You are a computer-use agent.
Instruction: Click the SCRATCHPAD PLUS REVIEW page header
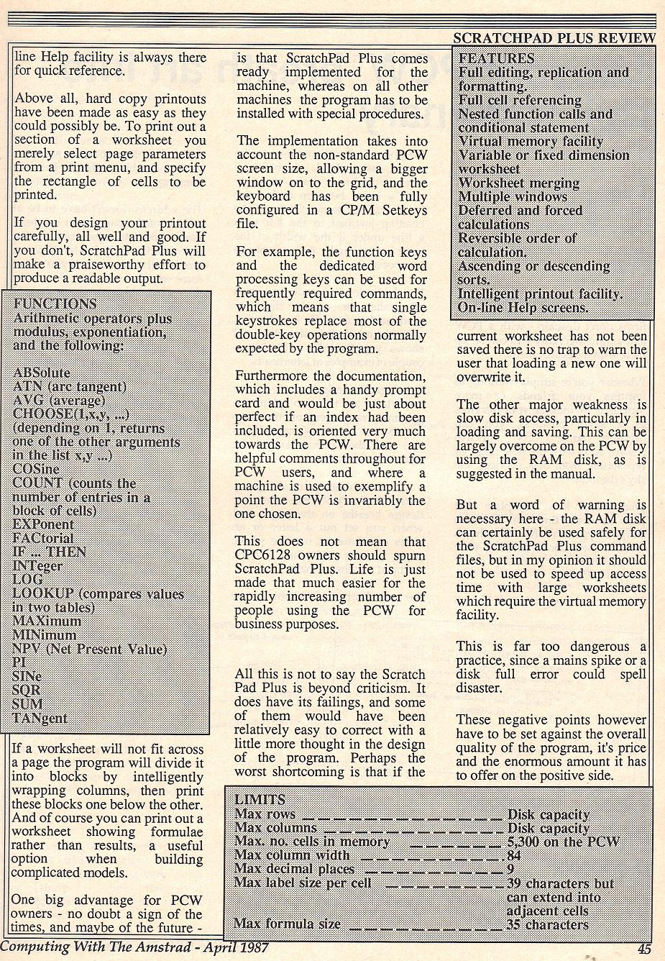click(x=555, y=38)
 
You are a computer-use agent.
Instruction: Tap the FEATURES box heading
click(x=496, y=58)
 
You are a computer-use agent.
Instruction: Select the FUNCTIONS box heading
click(x=55, y=304)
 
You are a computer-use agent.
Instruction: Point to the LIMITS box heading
click(x=260, y=799)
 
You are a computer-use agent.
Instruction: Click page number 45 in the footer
click(x=643, y=949)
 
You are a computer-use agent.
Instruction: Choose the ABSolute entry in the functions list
click(x=42, y=373)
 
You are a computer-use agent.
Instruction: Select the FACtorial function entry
click(x=43, y=538)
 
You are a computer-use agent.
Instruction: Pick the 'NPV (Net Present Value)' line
click(x=90, y=649)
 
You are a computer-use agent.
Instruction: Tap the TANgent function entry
click(x=40, y=718)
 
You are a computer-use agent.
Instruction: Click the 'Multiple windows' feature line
click(x=513, y=196)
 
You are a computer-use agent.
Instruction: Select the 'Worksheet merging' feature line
click(x=518, y=183)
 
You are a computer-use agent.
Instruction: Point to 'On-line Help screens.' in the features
click(x=523, y=308)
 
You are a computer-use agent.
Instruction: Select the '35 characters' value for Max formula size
click(x=548, y=924)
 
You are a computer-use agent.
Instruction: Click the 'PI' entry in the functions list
click(x=19, y=662)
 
